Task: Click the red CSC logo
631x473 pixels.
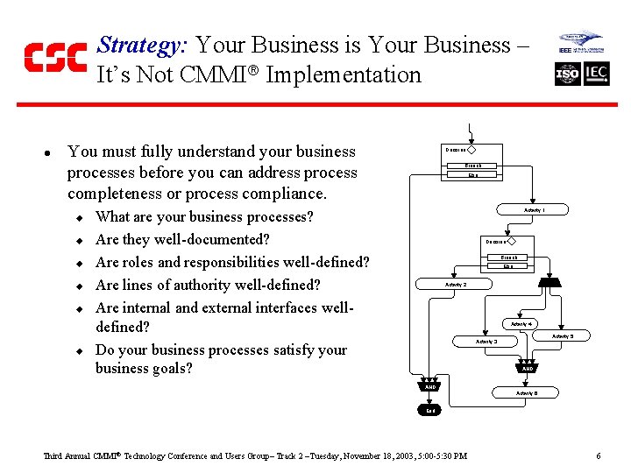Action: pyautogui.click(x=55, y=57)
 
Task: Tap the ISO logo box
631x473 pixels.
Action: pyautogui.click(x=568, y=74)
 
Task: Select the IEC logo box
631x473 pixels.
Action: pyautogui.click(x=597, y=74)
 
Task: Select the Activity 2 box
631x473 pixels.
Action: pyautogui.click(x=456, y=285)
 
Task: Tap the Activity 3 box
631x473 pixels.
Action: pyautogui.click(x=486, y=341)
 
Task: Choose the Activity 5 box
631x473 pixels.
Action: pyautogui.click(x=562, y=335)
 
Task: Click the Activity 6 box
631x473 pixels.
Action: pyautogui.click(x=527, y=393)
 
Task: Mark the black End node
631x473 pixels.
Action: pyautogui.click(x=430, y=409)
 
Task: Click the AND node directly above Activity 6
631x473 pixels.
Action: pyautogui.click(x=528, y=369)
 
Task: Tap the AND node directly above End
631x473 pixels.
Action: pyautogui.click(x=430, y=386)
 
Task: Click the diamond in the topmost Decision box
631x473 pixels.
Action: pyautogui.click(x=471, y=150)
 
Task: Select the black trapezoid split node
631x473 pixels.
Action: pyautogui.click(x=549, y=281)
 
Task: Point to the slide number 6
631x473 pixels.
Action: pyautogui.click(x=598, y=456)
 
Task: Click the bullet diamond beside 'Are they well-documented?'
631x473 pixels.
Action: pyautogui.click(x=78, y=240)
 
